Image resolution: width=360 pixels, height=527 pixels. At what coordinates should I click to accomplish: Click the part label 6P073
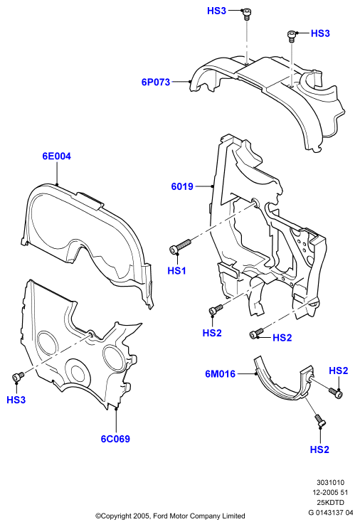tap(156, 82)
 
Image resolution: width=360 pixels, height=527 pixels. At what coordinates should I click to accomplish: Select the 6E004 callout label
tap(56, 156)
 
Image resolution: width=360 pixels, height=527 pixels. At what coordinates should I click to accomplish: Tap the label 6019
tap(182, 186)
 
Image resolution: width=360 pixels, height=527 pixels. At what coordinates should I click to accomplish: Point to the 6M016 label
tap(220, 374)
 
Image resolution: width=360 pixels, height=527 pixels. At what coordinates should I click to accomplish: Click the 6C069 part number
tap(115, 439)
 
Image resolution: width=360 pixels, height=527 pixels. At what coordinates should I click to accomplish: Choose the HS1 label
tap(177, 270)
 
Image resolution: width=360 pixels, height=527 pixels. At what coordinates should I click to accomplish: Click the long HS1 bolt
tap(180, 245)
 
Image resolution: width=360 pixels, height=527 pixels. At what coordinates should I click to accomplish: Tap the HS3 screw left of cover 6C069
tap(18, 376)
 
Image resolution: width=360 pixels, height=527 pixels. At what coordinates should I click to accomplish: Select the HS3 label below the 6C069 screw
tap(16, 400)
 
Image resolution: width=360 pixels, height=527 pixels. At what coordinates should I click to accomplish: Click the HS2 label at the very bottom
tap(319, 449)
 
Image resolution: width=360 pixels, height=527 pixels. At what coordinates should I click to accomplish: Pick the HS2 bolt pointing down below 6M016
tap(319, 420)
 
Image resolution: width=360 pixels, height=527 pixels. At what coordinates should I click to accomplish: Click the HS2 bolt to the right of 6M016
tap(336, 393)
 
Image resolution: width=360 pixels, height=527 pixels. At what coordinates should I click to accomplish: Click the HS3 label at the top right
tap(320, 33)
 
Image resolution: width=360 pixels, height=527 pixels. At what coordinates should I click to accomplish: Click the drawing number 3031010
tap(330, 483)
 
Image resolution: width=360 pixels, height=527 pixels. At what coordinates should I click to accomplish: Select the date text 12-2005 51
tap(330, 493)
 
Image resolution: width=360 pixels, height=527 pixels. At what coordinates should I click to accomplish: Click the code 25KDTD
tap(331, 503)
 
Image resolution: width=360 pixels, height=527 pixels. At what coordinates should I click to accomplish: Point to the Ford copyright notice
tap(170, 516)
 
